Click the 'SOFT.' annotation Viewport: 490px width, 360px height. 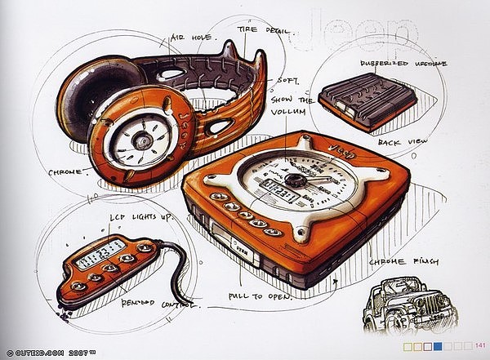point(289,82)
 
